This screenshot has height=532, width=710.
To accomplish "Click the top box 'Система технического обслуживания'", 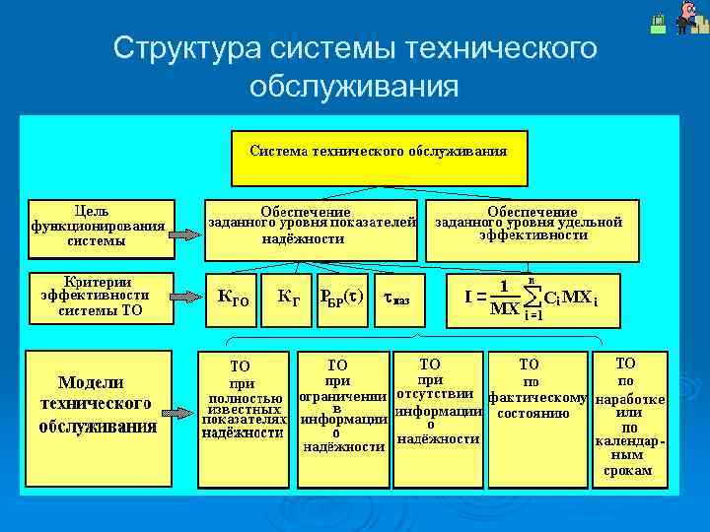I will (379, 158).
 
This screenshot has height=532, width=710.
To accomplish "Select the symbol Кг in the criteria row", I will (289, 295).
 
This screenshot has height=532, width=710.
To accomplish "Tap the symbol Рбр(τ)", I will (341, 296).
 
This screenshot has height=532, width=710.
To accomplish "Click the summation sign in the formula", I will (532, 296).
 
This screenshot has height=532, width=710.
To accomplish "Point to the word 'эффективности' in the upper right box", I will (533, 236).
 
